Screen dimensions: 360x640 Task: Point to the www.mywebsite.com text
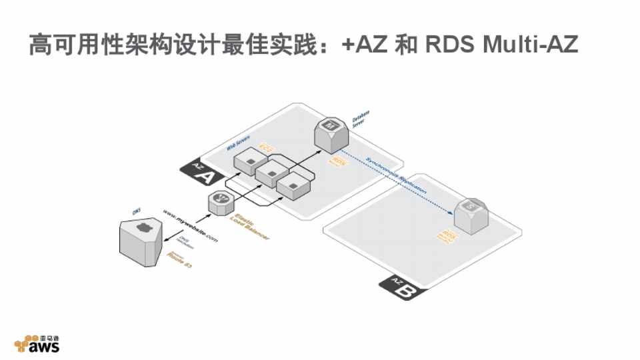191,226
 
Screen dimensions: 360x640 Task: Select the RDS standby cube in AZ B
469,213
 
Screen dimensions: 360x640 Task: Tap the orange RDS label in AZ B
447,235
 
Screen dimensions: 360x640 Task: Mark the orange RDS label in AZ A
339,162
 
